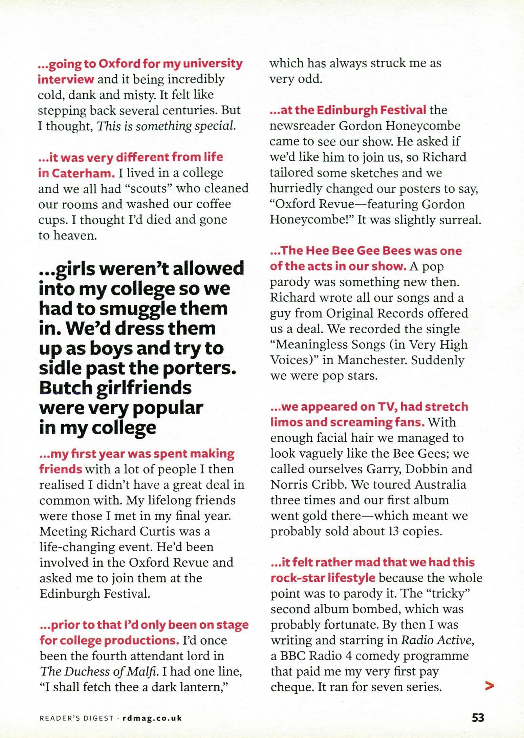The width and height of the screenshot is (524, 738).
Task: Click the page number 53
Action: point(478,717)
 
